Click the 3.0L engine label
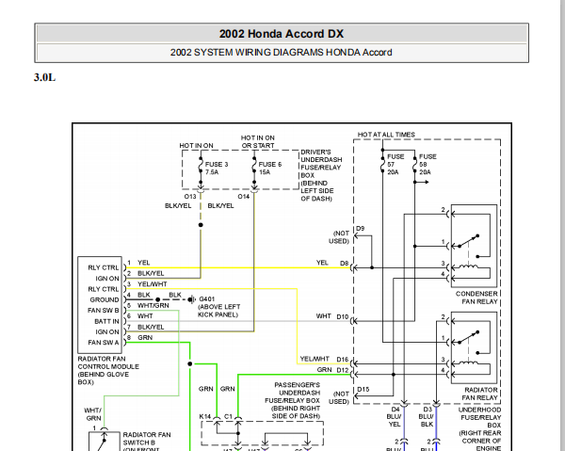pos(45,77)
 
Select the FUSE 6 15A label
pos(266,169)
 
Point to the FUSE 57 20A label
pos(394,164)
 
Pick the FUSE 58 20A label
pos(426,164)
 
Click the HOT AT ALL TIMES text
pos(386,135)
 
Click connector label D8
pos(344,263)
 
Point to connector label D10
pos(342,316)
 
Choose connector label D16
pos(342,360)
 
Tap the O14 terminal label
pos(244,196)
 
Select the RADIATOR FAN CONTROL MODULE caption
pos(108,366)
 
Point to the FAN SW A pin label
pos(104,342)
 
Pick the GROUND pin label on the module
pos(105,299)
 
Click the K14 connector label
pos(205,415)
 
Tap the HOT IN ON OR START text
pos(258,141)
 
